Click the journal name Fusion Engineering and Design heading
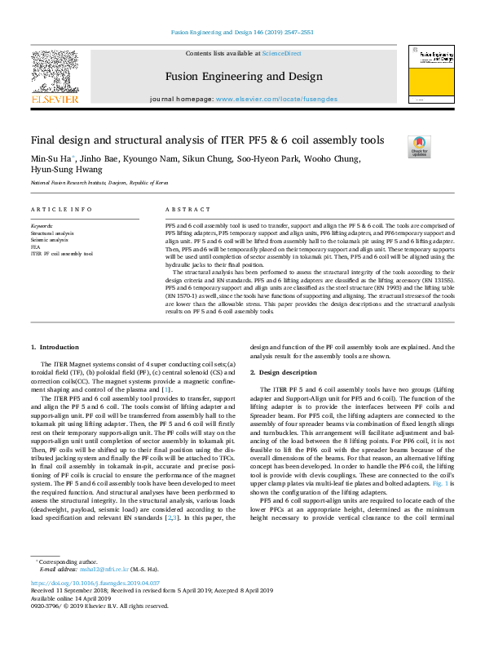pyautogui.click(x=243, y=76)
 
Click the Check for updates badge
pyautogui.click(x=419, y=146)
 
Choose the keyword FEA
pyautogui.click(x=35, y=246)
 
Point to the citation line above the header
pyautogui.click(x=242, y=33)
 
